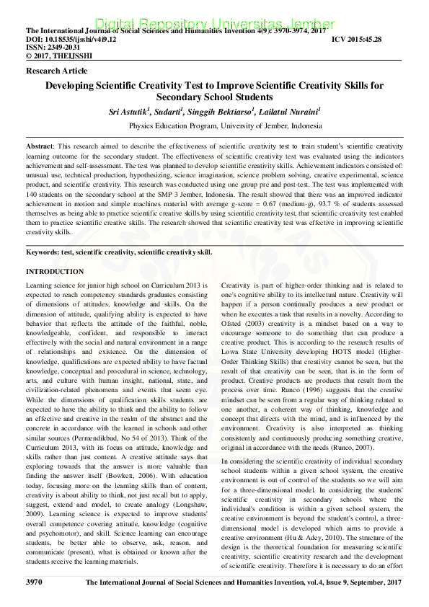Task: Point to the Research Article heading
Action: (56, 71)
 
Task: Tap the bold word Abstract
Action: (39, 146)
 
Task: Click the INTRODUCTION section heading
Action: (55, 272)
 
